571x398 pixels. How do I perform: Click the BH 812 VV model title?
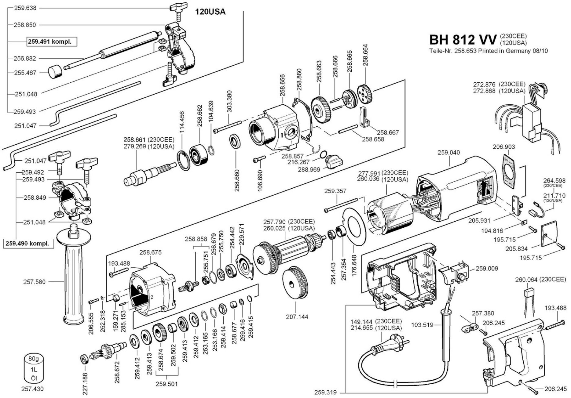coord(463,40)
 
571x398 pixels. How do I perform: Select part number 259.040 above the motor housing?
coord(448,152)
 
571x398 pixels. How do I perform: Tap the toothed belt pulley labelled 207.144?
coord(295,282)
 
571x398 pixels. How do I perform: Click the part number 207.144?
coord(297,317)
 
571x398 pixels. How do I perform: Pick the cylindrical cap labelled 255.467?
coord(55,72)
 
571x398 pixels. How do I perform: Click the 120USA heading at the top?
coord(210,12)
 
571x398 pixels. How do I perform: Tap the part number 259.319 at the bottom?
coord(325,392)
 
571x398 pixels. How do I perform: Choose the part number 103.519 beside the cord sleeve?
coord(422,325)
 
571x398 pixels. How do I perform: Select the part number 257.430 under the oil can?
coord(32,389)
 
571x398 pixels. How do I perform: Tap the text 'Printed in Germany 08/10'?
coord(513,51)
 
